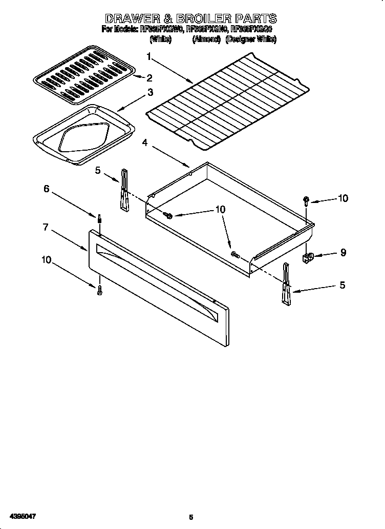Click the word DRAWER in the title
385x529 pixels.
[134, 19]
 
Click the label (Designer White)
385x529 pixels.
[251, 39]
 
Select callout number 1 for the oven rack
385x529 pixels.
[148, 56]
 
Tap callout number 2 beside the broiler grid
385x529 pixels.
[149, 78]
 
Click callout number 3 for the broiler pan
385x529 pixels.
[150, 92]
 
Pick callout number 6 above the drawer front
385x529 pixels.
[46, 189]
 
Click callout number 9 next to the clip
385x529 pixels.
[343, 252]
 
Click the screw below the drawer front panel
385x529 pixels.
[99, 290]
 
